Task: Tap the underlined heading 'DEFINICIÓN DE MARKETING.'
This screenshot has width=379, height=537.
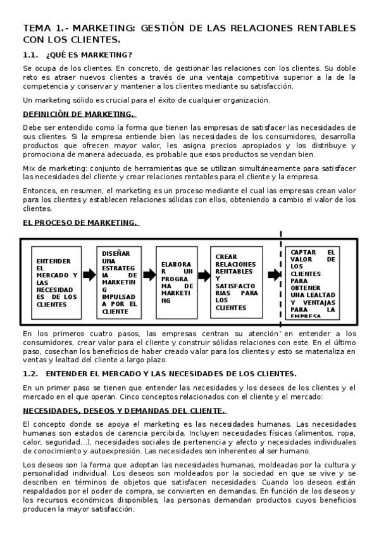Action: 78,114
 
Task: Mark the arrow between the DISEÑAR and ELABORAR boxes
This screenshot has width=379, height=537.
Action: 149,275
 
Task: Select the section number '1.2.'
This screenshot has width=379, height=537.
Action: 31,374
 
